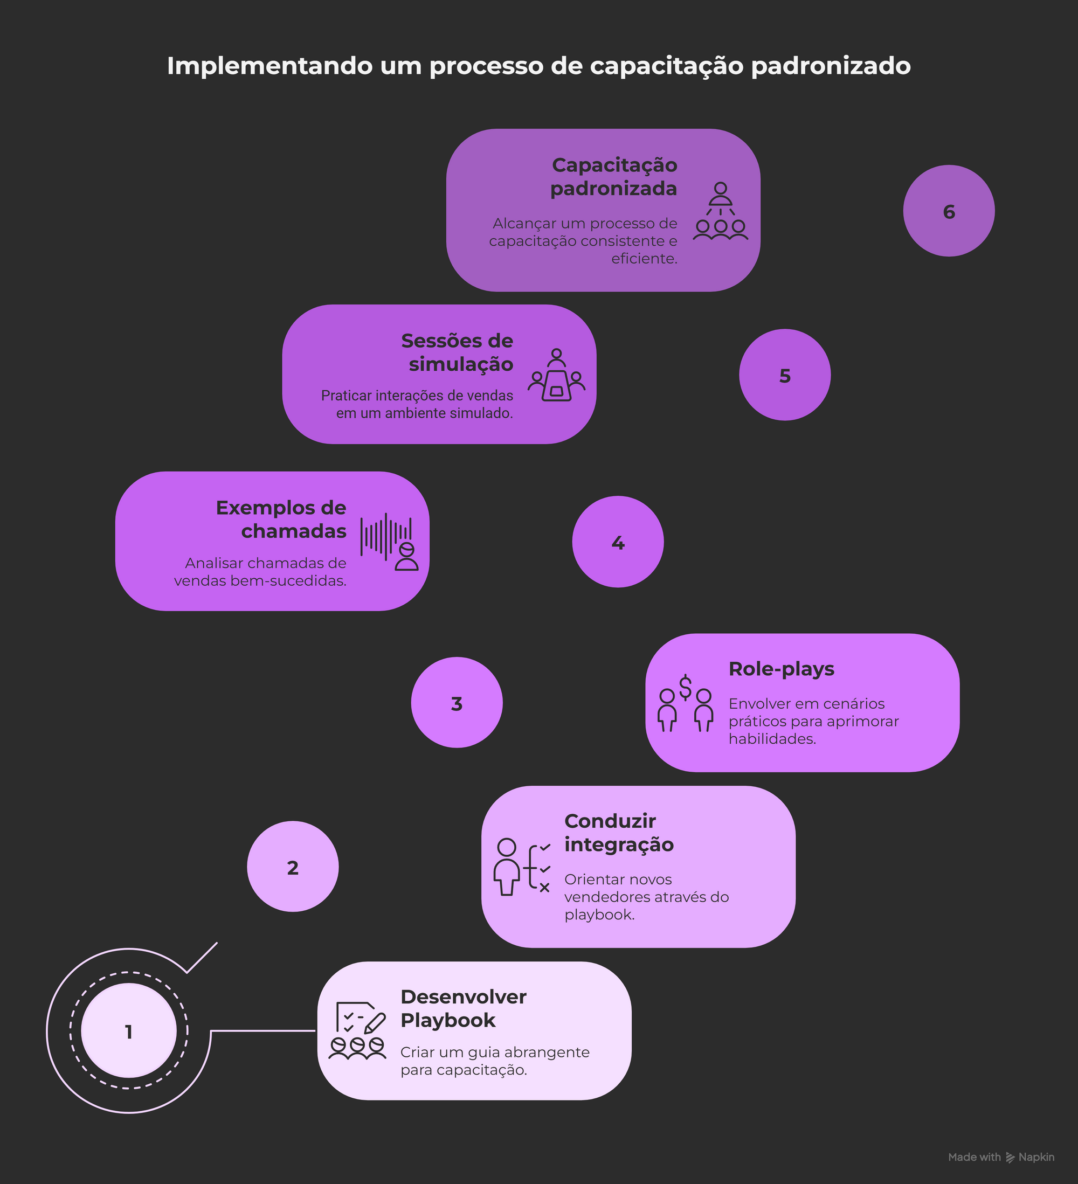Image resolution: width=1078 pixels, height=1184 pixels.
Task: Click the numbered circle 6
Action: click(x=948, y=211)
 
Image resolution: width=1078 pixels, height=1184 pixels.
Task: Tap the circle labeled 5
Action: click(x=784, y=375)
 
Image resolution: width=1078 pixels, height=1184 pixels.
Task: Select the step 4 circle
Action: click(x=618, y=542)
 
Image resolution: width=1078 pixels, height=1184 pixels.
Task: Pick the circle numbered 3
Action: click(x=457, y=702)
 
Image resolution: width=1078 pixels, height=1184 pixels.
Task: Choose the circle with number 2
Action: click(x=293, y=866)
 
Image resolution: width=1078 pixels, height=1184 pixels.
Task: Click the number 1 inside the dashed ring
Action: click(x=129, y=1032)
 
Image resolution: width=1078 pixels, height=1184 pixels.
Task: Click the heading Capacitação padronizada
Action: click(x=614, y=177)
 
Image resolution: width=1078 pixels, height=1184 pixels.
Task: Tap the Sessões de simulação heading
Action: click(x=457, y=352)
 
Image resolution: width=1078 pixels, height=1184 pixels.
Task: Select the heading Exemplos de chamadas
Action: click(x=281, y=519)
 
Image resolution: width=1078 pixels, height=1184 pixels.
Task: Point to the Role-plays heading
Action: click(x=782, y=669)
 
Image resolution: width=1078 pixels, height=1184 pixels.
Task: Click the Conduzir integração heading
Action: click(x=619, y=833)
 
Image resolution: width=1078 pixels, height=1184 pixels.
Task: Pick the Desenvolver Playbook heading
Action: click(x=464, y=1008)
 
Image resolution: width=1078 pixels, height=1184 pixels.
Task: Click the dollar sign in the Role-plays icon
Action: click(x=685, y=688)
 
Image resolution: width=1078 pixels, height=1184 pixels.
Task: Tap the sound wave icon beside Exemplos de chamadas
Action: click(x=386, y=536)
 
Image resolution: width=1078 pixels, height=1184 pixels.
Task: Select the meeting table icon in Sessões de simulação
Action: click(x=556, y=386)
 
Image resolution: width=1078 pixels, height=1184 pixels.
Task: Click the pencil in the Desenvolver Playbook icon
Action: click(x=375, y=1023)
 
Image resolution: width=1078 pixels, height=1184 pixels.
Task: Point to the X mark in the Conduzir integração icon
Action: click(x=544, y=888)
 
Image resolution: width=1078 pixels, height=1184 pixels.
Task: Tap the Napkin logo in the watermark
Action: click(x=1011, y=1157)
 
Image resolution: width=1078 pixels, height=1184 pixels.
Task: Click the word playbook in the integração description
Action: click(x=599, y=915)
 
